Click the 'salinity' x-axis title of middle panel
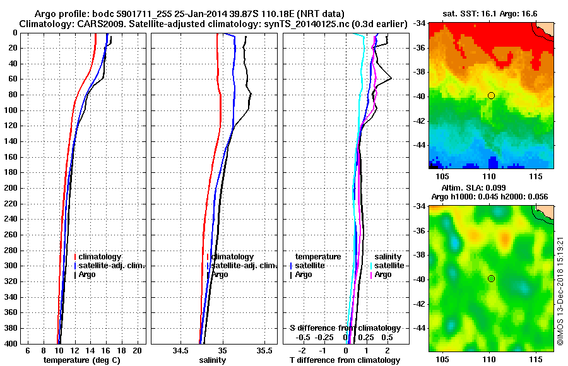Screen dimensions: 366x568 coord(213,360)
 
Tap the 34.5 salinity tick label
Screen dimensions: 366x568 coord(180,350)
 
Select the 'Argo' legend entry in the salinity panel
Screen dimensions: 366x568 coord(220,274)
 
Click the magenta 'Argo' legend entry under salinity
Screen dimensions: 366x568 coord(383,274)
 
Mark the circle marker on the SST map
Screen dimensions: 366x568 coord(491,95)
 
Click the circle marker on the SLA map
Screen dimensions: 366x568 coord(491,278)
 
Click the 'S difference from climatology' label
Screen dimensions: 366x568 coord(345,328)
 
